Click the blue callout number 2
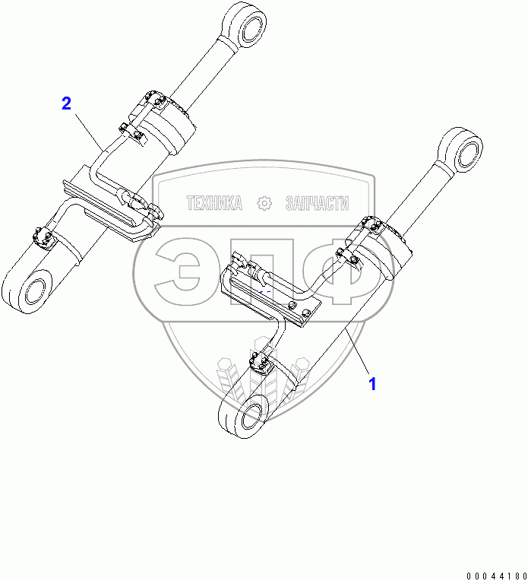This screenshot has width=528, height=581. (67, 103)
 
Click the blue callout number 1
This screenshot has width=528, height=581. (372, 384)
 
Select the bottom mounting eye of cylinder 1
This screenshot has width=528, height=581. (242, 416)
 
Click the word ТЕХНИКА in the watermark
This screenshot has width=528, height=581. (214, 203)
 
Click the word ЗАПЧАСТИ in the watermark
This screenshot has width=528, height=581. (317, 203)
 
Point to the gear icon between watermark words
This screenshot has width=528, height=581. (264, 203)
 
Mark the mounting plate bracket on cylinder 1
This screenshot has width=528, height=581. (273, 300)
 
